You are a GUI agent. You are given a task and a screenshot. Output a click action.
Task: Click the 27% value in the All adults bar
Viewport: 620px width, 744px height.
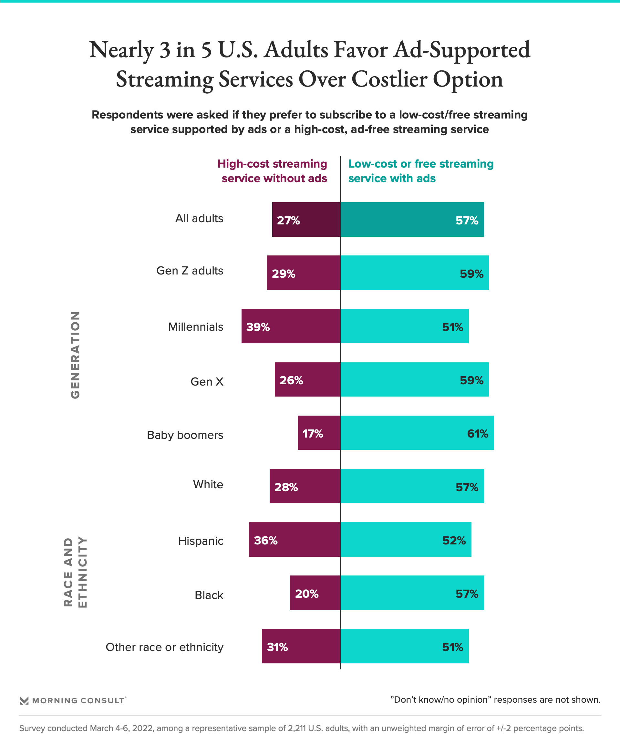pyautogui.click(x=288, y=220)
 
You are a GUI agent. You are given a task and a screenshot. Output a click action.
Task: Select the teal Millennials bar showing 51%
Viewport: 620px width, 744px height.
pyautogui.click(x=404, y=326)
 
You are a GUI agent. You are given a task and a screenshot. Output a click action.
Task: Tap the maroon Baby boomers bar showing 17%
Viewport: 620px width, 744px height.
pyautogui.click(x=319, y=433)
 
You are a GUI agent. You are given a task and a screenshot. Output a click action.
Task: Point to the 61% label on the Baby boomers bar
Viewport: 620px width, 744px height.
pyautogui.click(x=477, y=433)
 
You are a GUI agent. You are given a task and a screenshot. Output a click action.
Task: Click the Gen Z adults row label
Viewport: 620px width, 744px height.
pyautogui.click(x=190, y=271)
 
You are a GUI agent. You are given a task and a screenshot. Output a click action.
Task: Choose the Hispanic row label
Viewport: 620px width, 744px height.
pyautogui.click(x=201, y=541)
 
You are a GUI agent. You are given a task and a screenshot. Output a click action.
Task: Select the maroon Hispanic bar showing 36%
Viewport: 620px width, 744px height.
pyautogui.click(x=294, y=539)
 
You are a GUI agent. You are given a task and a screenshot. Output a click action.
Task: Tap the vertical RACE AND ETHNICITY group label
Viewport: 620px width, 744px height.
pyautogui.click(x=75, y=572)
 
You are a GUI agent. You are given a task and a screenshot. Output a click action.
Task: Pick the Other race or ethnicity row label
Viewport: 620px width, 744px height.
pyautogui.click(x=164, y=647)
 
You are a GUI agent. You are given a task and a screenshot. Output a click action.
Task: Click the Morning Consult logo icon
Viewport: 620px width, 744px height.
pyautogui.click(x=24, y=700)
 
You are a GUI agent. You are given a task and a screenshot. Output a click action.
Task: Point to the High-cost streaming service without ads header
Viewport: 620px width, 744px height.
pyautogui.click(x=273, y=171)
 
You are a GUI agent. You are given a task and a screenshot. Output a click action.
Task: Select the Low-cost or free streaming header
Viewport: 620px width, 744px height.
pyautogui.click(x=420, y=171)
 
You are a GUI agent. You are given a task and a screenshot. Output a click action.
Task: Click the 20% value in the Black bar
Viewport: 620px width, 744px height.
pyautogui.click(x=306, y=594)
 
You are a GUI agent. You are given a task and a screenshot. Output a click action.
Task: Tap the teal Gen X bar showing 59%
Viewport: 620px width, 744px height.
pyautogui.click(x=415, y=379)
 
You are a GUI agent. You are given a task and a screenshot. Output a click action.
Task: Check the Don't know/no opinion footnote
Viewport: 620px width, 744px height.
pyautogui.click(x=495, y=700)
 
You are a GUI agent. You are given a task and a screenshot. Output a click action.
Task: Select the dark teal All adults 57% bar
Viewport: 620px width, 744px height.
pyautogui.click(x=412, y=219)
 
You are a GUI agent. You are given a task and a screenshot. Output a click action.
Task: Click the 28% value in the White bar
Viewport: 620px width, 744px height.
pyautogui.click(x=286, y=487)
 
